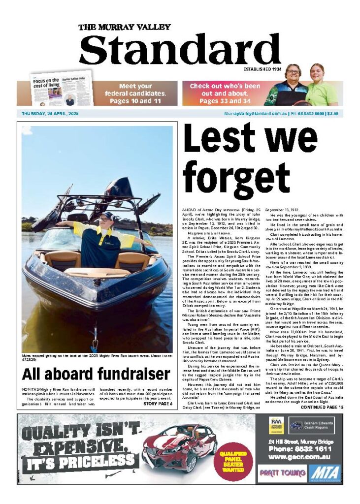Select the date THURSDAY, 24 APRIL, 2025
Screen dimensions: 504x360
coord(50,114)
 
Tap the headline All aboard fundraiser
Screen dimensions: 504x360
coord(97,374)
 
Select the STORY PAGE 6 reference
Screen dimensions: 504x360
coord(158,404)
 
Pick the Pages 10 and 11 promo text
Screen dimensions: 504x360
coord(135,101)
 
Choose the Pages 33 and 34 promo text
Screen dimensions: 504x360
coord(225,101)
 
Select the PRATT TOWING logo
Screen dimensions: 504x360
coord(276,474)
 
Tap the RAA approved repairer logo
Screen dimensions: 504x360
coord(276,425)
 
